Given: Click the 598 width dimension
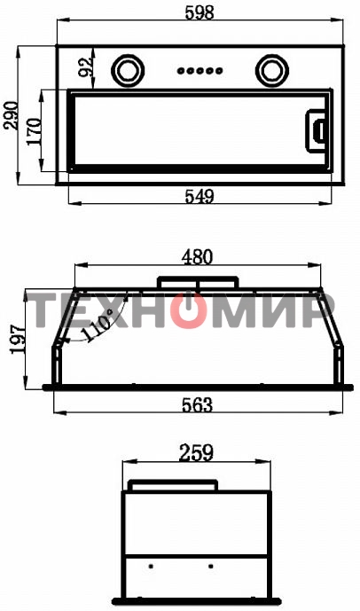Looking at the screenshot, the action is point(200,13).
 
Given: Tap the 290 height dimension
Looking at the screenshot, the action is point(10,115).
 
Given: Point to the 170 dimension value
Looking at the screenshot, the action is point(35,131).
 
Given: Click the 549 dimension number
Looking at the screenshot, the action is point(200,196).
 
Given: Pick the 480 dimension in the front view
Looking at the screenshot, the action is point(197,257).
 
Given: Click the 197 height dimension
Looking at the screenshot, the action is point(19,339).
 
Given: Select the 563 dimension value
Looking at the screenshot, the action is point(198,405).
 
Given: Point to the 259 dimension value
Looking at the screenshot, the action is point(196,453).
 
